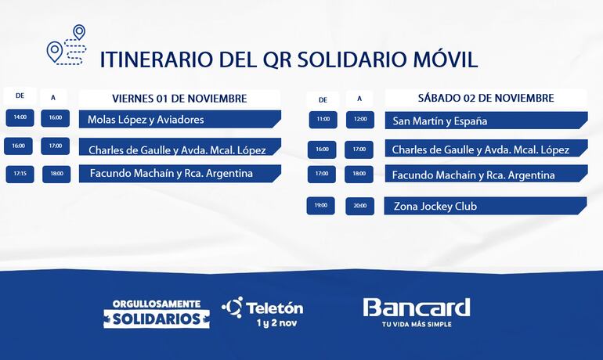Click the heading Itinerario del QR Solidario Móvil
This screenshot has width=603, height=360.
click(x=288, y=60)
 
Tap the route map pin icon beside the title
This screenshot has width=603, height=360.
click(x=66, y=45)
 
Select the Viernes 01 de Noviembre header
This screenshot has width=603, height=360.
click(x=179, y=99)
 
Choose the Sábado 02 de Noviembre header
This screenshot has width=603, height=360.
click(x=486, y=99)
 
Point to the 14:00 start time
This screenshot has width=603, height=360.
click(x=20, y=118)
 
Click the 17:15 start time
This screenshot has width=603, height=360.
click(x=20, y=174)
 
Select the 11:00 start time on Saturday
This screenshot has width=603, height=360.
click(x=323, y=120)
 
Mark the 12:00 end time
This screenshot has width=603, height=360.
click(x=359, y=120)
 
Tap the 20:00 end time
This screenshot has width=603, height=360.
click(x=359, y=207)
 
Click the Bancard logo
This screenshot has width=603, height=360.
click(x=416, y=307)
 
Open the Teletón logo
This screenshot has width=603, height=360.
click(x=263, y=307)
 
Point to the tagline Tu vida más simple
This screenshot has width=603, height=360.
click(x=416, y=324)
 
